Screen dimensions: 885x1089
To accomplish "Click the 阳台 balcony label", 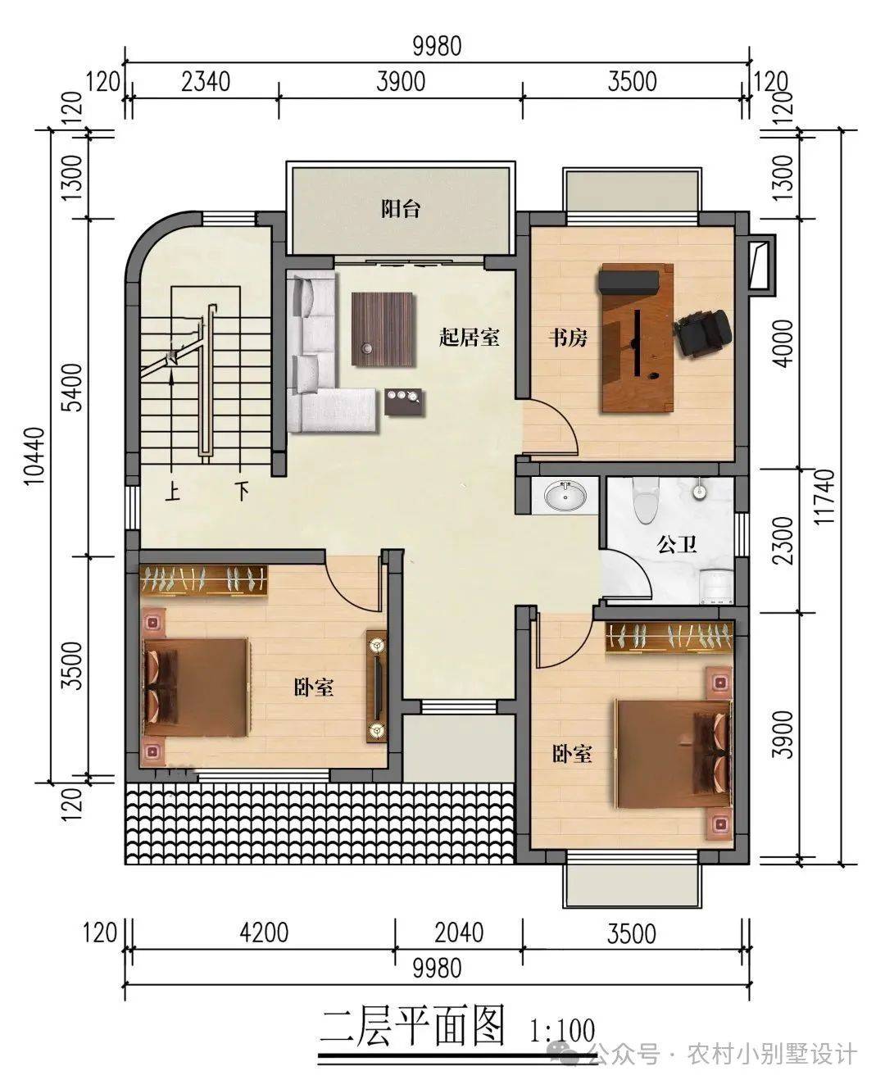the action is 401,209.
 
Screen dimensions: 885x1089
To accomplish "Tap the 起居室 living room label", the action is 469,337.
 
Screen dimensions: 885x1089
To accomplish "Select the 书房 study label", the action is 568,338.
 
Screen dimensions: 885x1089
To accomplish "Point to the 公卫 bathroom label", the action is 677,545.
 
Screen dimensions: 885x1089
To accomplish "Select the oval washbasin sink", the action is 565,496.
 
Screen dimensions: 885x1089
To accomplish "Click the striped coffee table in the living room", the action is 382,329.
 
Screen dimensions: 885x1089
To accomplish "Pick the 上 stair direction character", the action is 172,492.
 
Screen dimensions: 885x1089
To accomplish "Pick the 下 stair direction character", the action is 242,492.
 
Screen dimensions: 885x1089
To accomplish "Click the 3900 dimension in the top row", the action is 401,82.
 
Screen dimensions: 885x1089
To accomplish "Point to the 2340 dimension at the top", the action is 206,82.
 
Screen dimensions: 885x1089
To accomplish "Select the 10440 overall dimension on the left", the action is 36,456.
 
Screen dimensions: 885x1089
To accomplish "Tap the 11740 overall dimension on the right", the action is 824,497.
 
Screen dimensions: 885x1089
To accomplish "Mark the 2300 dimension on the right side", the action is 783,541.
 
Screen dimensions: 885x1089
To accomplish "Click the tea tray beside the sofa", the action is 405,402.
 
